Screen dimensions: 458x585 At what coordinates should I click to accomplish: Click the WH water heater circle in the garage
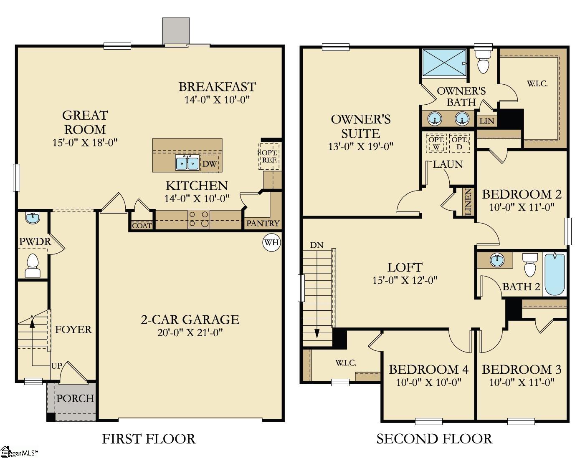[271, 242]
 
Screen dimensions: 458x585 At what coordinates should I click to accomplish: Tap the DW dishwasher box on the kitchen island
[210, 164]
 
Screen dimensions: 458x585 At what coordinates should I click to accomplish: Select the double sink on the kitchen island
[187, 163]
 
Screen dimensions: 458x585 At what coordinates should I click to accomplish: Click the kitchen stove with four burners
[198, 219]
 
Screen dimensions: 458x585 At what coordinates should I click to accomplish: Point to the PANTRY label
[263, 223]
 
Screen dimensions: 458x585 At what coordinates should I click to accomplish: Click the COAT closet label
[142, 226]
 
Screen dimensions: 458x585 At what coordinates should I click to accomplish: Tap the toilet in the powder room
[33, 265]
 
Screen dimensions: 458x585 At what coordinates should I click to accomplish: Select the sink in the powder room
[33, 217]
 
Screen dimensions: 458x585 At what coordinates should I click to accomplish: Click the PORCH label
[75, 398]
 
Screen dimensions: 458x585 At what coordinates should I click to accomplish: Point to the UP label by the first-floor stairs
[56, 366]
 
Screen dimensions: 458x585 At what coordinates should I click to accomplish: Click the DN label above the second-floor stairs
[317, 245]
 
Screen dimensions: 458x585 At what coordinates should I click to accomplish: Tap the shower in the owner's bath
[444, 63]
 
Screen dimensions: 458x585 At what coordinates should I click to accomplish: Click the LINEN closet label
[469, 202]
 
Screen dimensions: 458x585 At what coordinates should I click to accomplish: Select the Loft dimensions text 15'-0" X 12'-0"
[405, 280]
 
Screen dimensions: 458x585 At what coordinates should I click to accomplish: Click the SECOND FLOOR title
[434, 439]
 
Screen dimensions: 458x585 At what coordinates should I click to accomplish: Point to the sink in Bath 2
[496, 260]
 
